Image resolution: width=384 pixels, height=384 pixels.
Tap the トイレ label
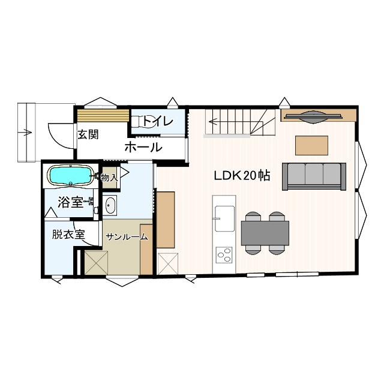pos(158,122)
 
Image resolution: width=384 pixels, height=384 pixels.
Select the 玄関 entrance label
pos(87,134)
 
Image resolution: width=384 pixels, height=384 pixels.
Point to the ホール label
pos(143,147)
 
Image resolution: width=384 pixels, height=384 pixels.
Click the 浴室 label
pos(70,202)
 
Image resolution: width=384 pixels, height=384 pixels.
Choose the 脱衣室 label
pos(68,235)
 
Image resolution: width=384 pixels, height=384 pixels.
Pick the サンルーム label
pos(127,237)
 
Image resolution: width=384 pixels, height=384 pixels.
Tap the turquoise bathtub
pos(70,176)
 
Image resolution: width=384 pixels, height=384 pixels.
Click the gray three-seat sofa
pos(314,176)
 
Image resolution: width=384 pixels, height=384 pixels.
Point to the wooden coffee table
pos(311,145)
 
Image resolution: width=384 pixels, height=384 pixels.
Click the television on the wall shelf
pos(313,116)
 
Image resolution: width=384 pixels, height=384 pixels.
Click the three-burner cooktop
pos(224,256)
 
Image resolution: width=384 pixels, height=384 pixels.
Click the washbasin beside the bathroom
pos(110,206)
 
